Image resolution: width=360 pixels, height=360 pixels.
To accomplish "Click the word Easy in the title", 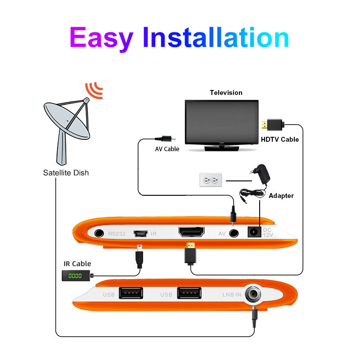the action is pyautogui.click(x=101, y=38).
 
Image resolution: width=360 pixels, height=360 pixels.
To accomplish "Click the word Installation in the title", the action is pyautogui.click(x=216, y=37).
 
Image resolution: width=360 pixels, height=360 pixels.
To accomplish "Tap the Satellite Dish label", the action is pyautogui.click(x=66, y=173).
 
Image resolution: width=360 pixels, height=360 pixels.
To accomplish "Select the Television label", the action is pyautogui.click(x=226, y=93).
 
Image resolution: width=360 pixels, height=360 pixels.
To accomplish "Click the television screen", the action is pyautogui.click(x=222, y=122).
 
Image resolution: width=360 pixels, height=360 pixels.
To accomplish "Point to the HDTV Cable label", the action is pyautogui.click(x=280, y=139).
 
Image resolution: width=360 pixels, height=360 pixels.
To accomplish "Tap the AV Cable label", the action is pyautogui.click(x=167, y=149).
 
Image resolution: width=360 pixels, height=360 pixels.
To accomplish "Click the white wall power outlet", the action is pyautogui.click(x=211, y=180).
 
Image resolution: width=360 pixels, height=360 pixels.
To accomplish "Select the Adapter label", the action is pyautogui.click(x=281, y=196).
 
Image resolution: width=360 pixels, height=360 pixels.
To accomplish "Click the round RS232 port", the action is pyautogui.click(x=99, y=234).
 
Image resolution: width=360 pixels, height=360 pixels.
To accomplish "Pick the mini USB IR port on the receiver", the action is pyautogui.click(x=140, y=234).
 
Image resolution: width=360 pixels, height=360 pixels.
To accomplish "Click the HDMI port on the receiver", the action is pyautogui.click(x=191, y=232).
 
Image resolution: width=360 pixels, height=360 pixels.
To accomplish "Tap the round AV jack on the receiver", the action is pyautogui.click(x=234, y=234).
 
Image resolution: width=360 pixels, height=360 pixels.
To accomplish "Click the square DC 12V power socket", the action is pyautogui.click(x=254, y=232).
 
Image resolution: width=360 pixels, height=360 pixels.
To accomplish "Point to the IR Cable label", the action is pyautogui.click(x=77, y=264).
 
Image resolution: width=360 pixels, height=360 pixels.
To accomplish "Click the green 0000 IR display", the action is pyautogui.click(x=76, y=276).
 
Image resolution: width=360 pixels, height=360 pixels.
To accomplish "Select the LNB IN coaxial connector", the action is pyautogui.click(x=253, y=294).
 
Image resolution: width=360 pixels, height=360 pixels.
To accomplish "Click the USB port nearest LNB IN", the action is pyautogui.click(x=189, y=293).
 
